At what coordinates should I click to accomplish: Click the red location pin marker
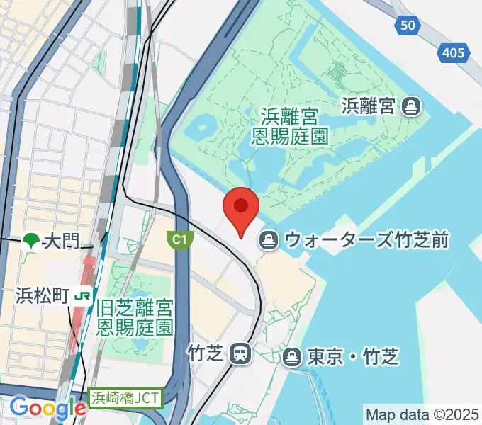pos(241,208)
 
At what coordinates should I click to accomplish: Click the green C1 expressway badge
pos(180,241)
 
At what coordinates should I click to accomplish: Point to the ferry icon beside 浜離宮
pos(410,107)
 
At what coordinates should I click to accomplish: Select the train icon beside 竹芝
pos(242,353)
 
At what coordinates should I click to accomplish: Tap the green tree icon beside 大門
pos(31,242)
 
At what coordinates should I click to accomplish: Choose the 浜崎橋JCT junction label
pos(125,399)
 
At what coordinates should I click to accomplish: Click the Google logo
pos(48,408)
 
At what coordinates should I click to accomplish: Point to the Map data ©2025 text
pos(422,414)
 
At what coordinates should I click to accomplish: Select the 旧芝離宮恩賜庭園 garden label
pos(135,317)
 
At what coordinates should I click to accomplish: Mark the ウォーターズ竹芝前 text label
pos(366,241)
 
